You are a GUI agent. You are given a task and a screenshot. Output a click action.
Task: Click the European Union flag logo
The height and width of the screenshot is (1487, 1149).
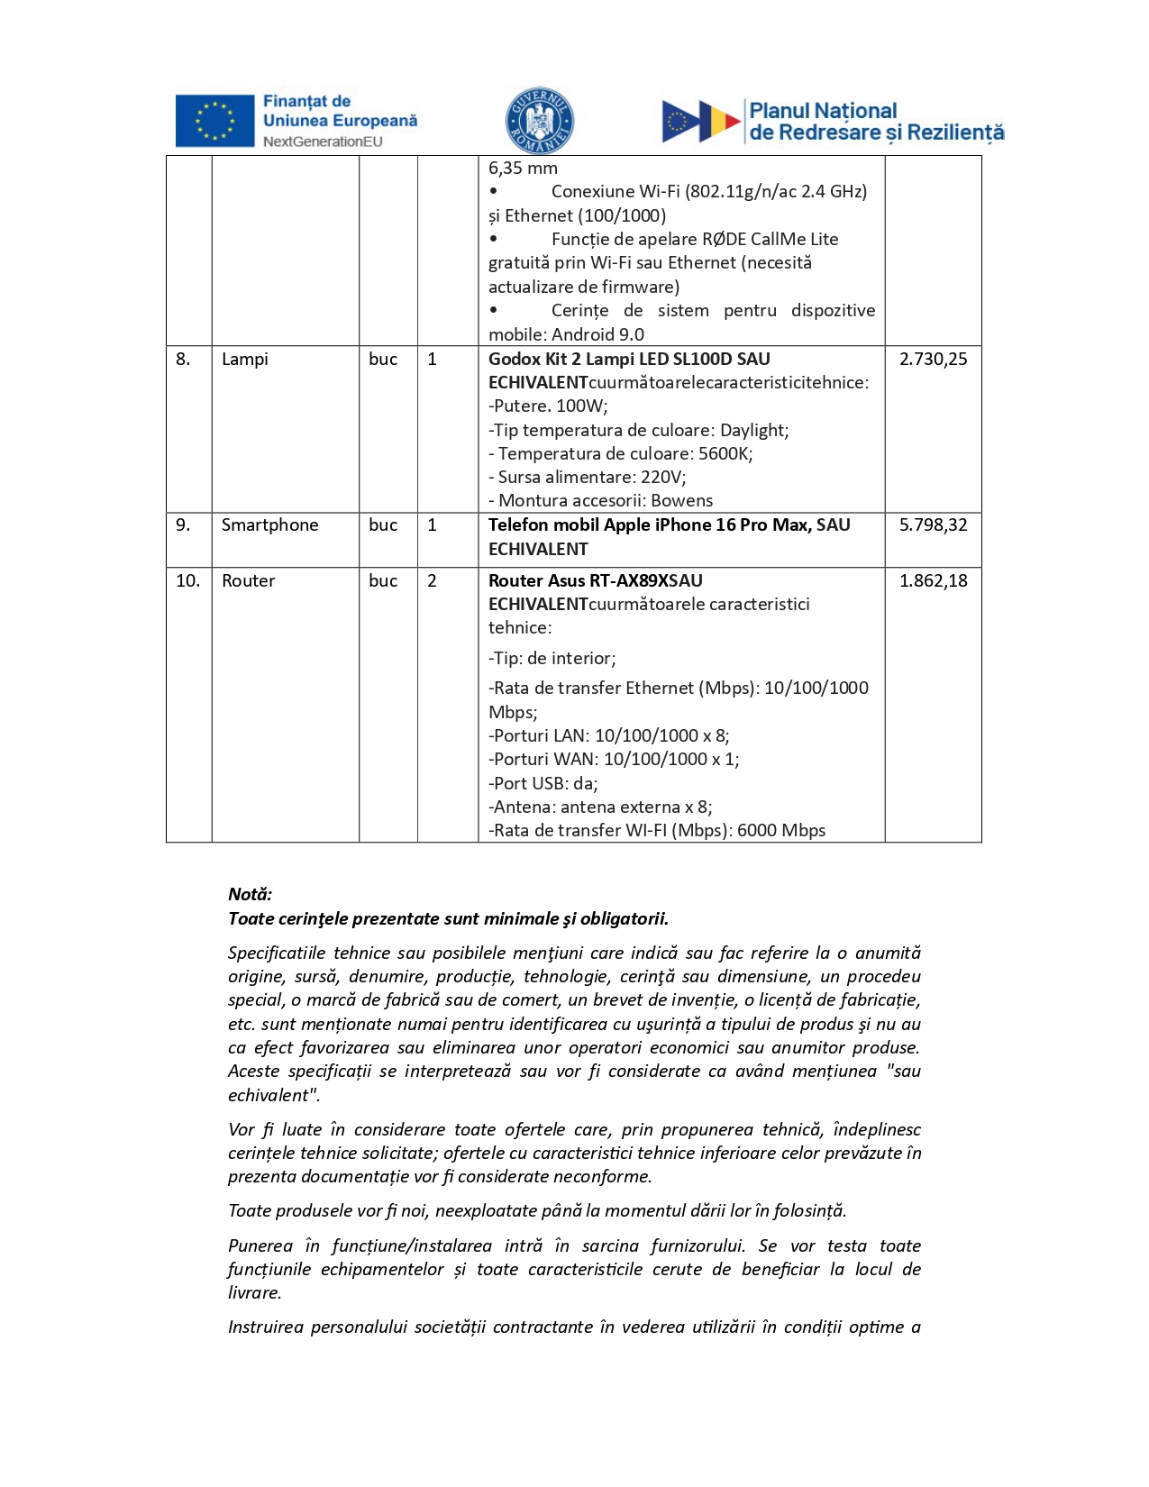point(214,121)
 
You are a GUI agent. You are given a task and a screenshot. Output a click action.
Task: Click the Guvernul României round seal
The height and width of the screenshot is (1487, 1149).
point(539,121)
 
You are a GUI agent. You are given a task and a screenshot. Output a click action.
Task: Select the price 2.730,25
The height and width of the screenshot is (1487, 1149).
point(933,359)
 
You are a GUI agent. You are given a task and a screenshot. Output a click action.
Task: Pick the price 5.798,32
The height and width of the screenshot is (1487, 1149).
point(933,525)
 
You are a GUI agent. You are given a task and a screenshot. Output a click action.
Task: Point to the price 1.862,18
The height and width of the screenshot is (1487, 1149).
point(933,580)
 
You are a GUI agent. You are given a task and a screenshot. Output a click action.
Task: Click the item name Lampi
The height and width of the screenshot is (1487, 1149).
point(245,359)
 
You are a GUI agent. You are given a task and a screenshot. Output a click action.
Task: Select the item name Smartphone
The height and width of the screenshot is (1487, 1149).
point(269,525)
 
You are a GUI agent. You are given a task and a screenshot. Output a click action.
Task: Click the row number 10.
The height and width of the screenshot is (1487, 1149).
point(187,580)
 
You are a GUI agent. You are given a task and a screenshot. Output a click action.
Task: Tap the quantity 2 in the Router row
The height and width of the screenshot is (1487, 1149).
point(432,580)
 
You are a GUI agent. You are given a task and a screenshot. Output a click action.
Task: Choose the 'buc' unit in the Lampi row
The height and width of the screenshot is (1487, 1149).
point(383,359)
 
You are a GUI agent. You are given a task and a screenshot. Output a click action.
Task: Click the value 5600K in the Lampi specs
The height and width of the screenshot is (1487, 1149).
point(725,453)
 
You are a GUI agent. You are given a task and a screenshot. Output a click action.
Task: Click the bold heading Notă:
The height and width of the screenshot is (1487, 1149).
point(250,894)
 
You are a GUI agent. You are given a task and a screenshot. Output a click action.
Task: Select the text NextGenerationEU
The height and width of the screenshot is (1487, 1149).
point(323,141)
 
